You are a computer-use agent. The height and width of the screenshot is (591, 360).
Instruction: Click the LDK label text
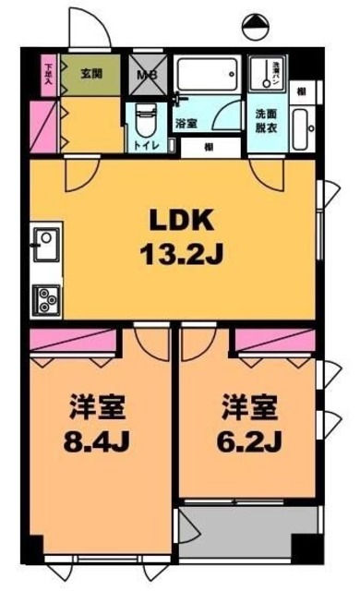tap(182, 221)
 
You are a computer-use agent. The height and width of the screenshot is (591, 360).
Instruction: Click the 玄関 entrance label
tap(90, 74)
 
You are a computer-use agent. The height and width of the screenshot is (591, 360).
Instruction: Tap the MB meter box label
tap(147, 74)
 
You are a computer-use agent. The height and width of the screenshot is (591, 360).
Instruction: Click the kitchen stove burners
tap(45, 297)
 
